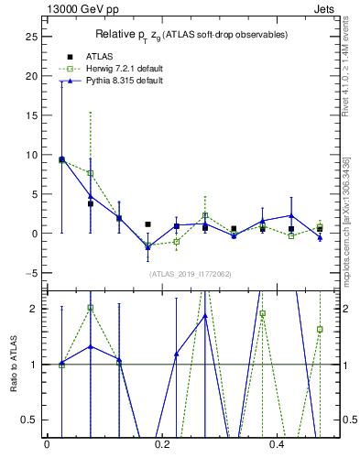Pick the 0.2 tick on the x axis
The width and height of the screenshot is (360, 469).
[162, 445]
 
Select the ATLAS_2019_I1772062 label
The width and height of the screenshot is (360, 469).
[191, 274]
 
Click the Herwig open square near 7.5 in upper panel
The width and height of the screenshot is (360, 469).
[90, 173]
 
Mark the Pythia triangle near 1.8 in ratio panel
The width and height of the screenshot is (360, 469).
[205, 316]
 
